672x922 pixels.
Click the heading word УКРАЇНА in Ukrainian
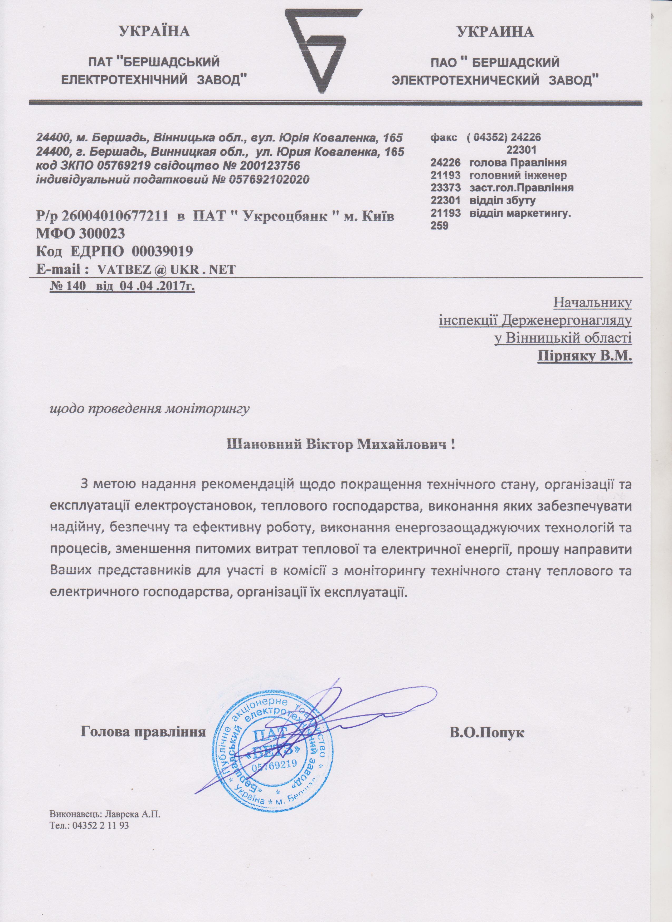tap(155, 31)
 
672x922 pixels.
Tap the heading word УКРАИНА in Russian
tap(495, 32)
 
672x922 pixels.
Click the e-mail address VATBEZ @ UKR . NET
tap(165, 269)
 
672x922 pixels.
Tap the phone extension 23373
tap(445, 188)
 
